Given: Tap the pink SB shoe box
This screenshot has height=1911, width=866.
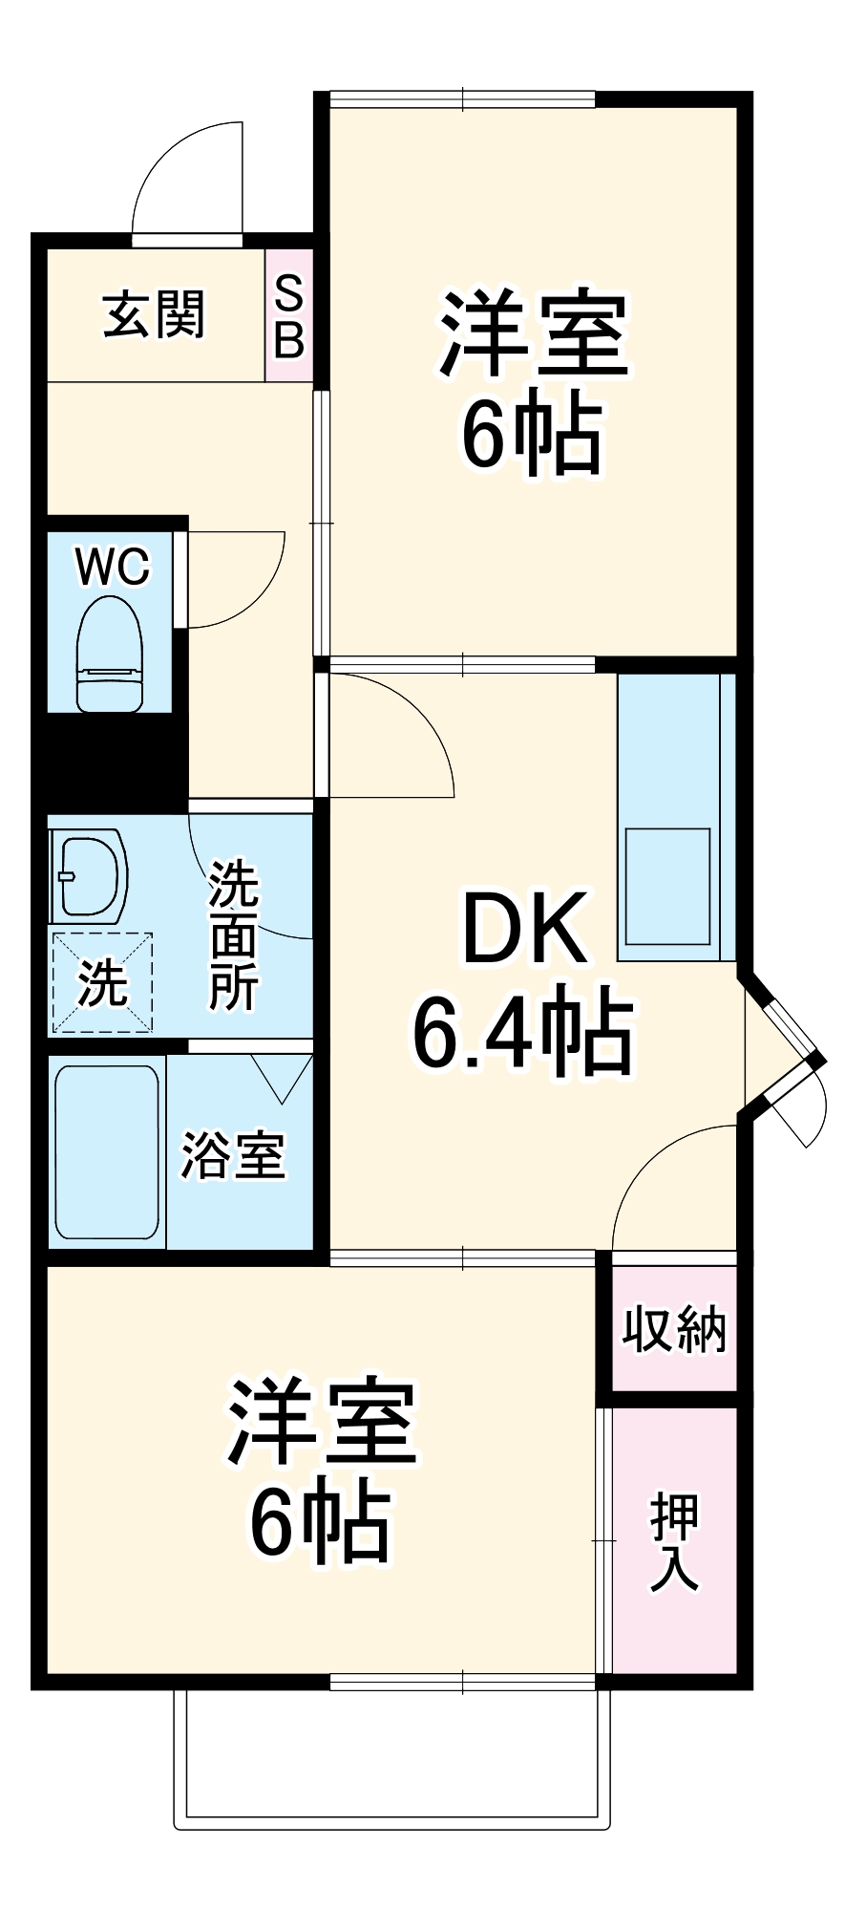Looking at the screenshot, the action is pos(288,316).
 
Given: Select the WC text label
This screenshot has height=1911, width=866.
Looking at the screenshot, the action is pos(113,567).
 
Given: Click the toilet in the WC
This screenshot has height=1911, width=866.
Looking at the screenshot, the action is pos(110,654).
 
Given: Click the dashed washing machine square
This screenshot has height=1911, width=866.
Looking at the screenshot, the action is pos(102,982).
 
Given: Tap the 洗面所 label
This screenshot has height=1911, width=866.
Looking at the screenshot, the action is pos(234,935).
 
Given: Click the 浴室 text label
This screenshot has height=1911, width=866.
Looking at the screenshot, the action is pos(234,1155).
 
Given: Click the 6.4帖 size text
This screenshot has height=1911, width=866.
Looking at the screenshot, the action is pos(522,1033).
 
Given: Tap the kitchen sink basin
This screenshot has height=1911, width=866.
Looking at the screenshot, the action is pos(667,887).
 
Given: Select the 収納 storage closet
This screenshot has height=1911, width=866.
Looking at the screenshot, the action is pos(674,1328).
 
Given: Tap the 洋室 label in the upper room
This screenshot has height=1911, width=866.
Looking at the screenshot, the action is pos(533,336).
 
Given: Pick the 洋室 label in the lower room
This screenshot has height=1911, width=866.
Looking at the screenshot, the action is pos(321,1422).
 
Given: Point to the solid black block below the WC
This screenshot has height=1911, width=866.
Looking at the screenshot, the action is pos(110,755).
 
